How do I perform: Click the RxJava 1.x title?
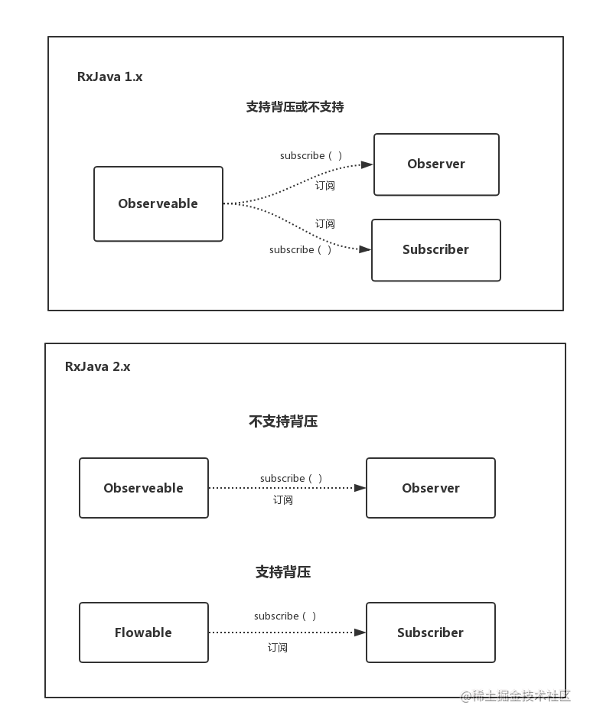click(x=109, y=76)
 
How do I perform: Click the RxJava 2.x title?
click(x=97, y=366)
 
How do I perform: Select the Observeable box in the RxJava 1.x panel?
click(x=158, y=203)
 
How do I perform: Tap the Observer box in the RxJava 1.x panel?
click(x=436, y=164)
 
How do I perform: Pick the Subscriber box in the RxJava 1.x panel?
click(x=435, y=249)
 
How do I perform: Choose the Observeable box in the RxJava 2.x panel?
click(x=144, y=488)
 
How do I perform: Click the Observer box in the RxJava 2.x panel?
click(x=431, y=488)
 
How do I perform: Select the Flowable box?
click(x=144, y=633)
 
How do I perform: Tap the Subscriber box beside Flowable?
click(x=431, y=633)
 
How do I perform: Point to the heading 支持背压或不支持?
click(x=295, y=107)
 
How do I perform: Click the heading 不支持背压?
click(x=283, y=421)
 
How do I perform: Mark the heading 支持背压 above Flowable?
click(x=283, y=572)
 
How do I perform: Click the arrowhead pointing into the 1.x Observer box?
click(x=367, y=164)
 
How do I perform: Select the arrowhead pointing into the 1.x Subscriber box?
click(x=365, y=249)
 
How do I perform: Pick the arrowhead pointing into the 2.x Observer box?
click(x=360, y=488)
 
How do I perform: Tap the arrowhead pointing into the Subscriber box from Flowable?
click(x=360, y=633)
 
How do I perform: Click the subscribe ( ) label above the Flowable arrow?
click(x=285, y=616)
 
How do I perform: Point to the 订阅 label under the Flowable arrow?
click(x=278, y=647)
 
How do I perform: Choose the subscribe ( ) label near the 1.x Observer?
click(x=311, y=155)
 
